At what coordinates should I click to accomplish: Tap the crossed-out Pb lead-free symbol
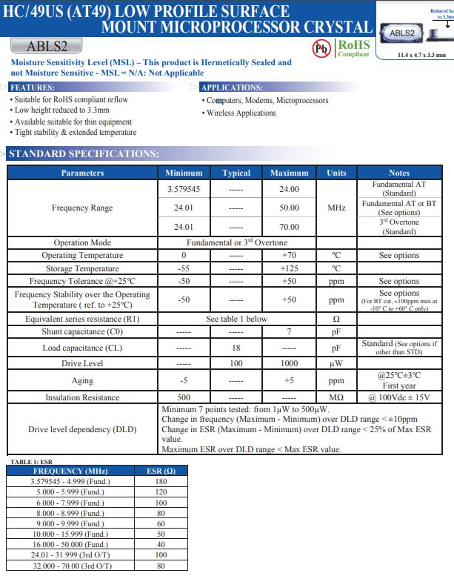pyautogui.click(x=322, y=48)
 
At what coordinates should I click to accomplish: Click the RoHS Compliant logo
pyautogui.click(x=353, y=48)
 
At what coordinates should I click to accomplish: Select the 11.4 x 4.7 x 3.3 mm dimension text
pyautogui.click(x=421, y=55)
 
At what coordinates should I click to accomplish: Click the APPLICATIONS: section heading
pyautogui.click(x=232, y=87)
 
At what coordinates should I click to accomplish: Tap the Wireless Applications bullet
pyautogui.click(x=241, y=113)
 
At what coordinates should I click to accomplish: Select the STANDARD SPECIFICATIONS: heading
pyautogui.click(x=83, y=154)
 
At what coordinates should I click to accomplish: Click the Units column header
pyautogui.click(x=336, y=173)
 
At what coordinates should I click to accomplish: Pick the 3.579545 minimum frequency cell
pyautogui.click(x=184, y=189)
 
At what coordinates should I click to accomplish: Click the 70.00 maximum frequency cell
pyautogui.click(x=289, y=227)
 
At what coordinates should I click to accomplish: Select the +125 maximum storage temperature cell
pyautogui.click(x=289, y=268)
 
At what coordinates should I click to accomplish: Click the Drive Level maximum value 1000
pyautogui.click(x=289, y=363)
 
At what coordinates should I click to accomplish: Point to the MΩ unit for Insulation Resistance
pyautogui.click(x=336, y=397)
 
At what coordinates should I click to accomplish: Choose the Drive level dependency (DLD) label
pyautogui.click(x=82, y=429)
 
